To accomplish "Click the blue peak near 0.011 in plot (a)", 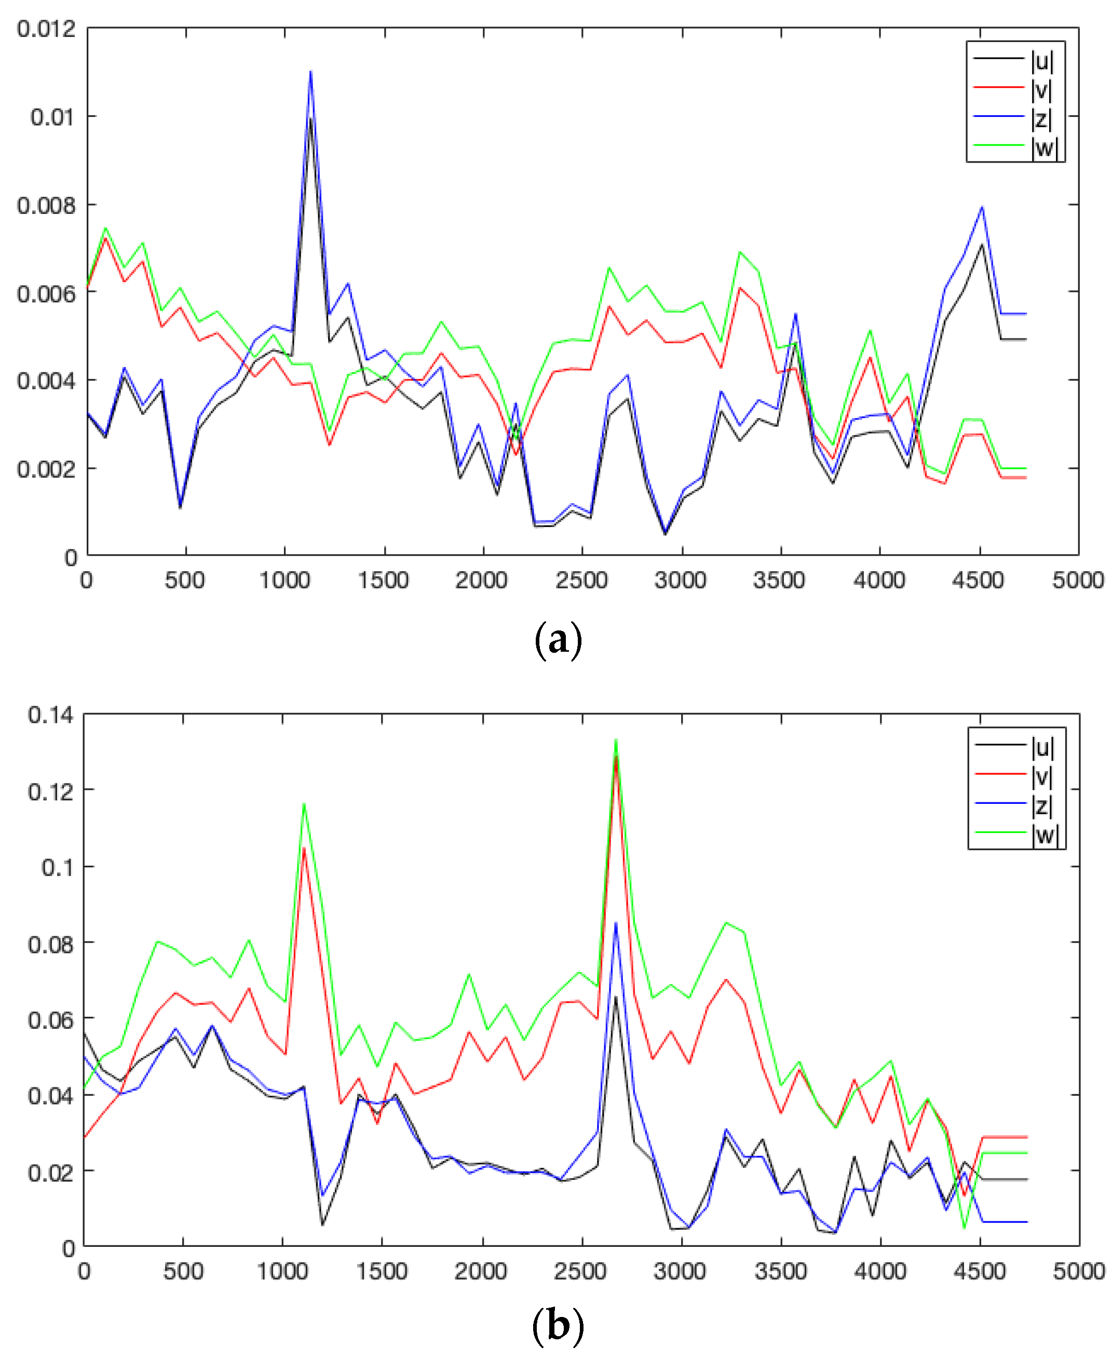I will click(310, 72).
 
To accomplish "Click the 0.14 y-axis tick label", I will click(50, 715).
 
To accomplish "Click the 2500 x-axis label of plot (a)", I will click(581, 581).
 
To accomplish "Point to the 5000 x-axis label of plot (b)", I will click(1079, 1271).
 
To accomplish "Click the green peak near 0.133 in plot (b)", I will click(616, 740).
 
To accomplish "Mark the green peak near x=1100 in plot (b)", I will click(304, 804).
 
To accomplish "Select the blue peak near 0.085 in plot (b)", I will click(616, 923).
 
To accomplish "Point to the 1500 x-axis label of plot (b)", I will click(381, 1271).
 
